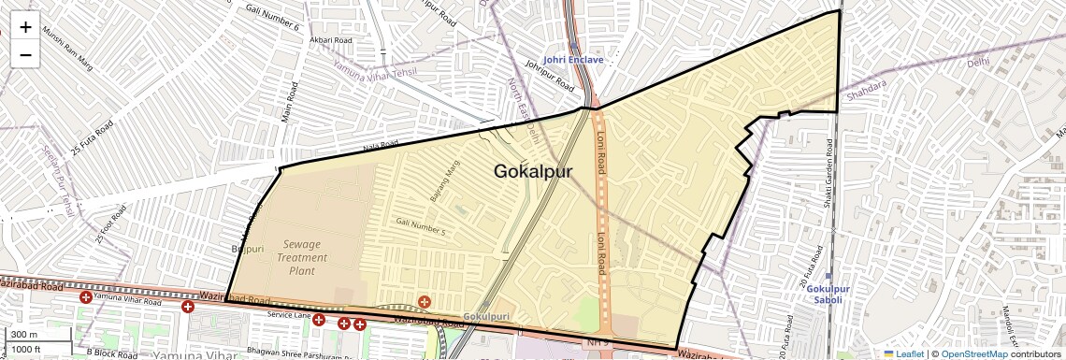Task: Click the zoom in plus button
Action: tap(25, 26)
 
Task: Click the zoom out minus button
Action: tap(25, 54)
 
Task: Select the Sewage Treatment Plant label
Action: tap(302, 257)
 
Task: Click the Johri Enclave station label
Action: tap(573, 60)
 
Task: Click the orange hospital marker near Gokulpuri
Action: tap(425, 301)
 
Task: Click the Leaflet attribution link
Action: tap(903, 353)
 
